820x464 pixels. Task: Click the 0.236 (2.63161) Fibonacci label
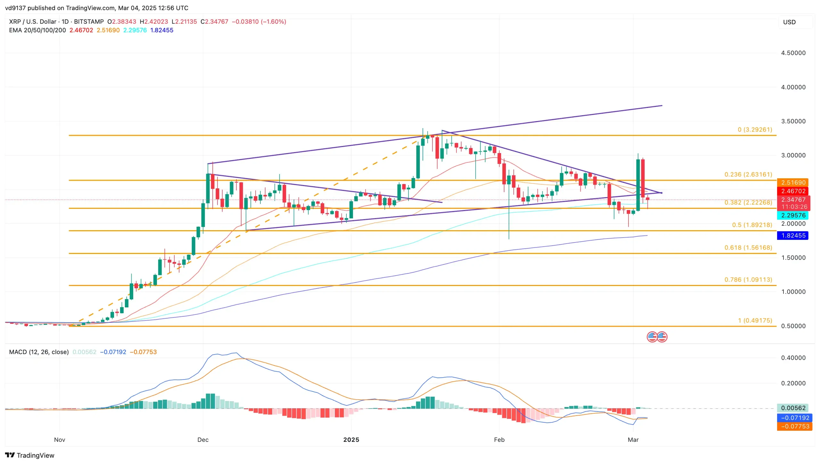pyautogui.click(x=748, y=175)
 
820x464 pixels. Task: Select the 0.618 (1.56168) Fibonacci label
pyautogui.click(x=748, y=248)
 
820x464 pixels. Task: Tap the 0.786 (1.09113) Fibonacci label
pyautogui.click(x=748, y=280)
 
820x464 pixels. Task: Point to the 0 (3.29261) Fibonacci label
pyautogui.click(x=755, y=130)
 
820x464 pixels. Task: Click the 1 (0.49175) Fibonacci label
pyautogui.click(x=755, y=321)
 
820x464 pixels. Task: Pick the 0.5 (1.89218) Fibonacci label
pyautogui.click(x=752, y=225)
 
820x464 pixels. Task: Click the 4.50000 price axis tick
pyautogui.click(x=793, y=53)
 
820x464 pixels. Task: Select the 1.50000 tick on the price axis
pyautogui.click(x=793, y=258)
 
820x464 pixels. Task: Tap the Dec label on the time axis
pyautogui.click(x=203, y=440)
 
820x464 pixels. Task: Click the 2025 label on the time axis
pyautogui.click(x=351, y=440)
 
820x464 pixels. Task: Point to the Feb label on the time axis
pyautogui.click(x=499, y=440)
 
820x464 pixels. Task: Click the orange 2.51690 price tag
pyautogui.click(x=793, y=183)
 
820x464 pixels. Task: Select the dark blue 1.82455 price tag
pyautogui.click(x=793, y=235)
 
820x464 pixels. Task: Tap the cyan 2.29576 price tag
pyautogui.click(x=793, y=215)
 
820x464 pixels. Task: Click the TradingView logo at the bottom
pyautogui.click(x=30, y=455)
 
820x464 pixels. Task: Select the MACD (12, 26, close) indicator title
pyautogui.click(x=39, y=352)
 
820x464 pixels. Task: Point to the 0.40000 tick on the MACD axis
pyautogui.click(x=793, y=358)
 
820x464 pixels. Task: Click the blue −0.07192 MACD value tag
pyautogui.click(x=795, y=418)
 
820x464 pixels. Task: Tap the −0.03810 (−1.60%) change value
pyautogui.click(x=259, y=21)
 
